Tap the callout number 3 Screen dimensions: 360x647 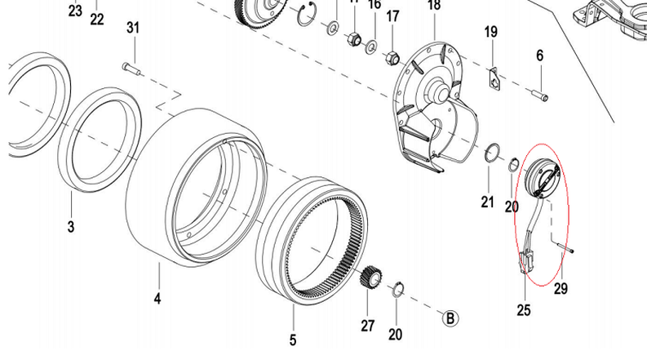point(71,225)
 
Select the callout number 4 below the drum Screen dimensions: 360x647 point(157,299)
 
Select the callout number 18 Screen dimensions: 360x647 point(433,6)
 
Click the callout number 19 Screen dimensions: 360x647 point(490,33)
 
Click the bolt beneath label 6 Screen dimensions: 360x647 point(541,96)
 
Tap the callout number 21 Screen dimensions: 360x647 point(487,202)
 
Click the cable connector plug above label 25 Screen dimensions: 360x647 point(524,263)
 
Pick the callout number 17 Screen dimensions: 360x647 point(393,16)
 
